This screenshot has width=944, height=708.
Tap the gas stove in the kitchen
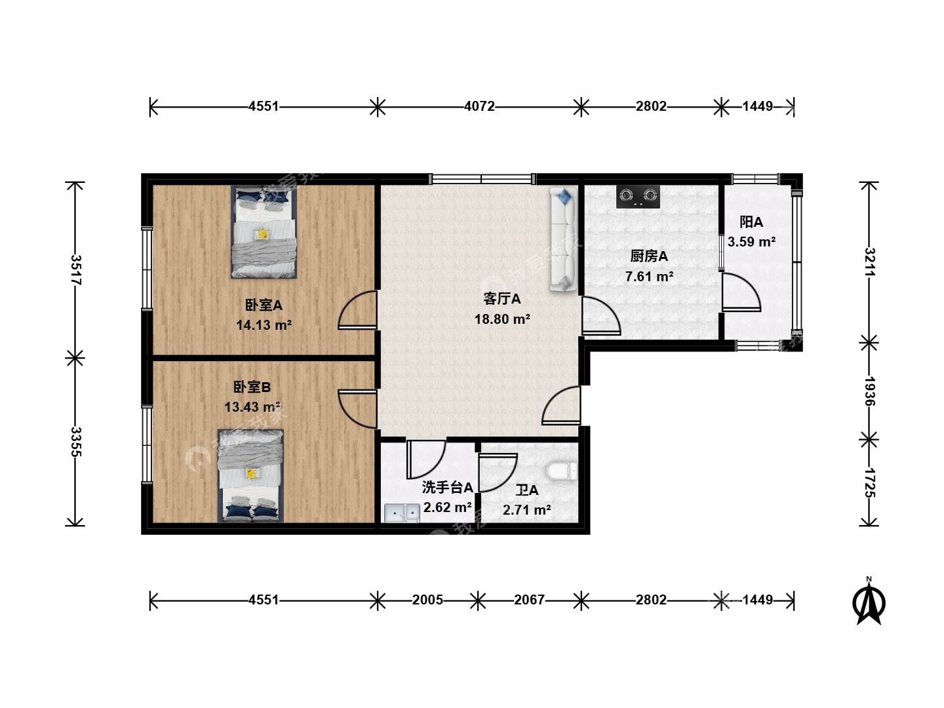click(638, 197)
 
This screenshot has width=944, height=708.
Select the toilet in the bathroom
click(562, 471)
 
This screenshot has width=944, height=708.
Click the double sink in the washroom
click(402, 513)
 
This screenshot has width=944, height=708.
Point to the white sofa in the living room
click(563, 239)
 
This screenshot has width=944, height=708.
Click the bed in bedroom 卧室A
click(264, 232)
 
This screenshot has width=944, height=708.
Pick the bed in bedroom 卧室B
click(250, 476)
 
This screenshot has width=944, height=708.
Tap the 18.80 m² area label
click(502, 319)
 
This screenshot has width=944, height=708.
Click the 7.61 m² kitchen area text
click(649, 277)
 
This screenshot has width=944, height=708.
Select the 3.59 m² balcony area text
click(751, 242)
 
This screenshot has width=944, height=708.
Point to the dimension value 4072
click(479, 106)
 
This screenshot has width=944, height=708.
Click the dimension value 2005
click(427, 600)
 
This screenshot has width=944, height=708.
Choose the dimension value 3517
click(75, 270)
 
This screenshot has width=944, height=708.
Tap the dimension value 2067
click(530, 600)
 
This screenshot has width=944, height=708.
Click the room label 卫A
click(527, 490)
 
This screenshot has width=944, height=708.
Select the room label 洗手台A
click(447, 488)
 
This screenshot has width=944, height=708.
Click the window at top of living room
click(482, 179)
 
